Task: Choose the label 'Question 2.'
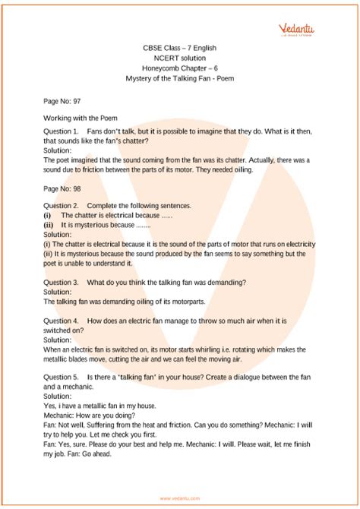[x=62, y=206]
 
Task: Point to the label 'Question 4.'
[x=62, y=321]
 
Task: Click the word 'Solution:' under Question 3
[x=58, y=292]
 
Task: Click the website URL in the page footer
[x=179, y=498]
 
